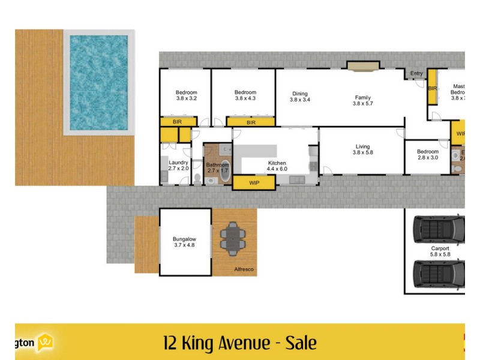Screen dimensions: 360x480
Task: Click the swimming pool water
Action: tap(99, 82)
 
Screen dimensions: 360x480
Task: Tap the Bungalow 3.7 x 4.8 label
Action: tap(185, 242)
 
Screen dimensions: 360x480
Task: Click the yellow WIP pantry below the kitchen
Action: tap(254, 182)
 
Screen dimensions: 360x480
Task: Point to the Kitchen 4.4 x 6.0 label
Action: tap(277, 166)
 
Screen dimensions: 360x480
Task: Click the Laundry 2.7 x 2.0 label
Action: tap(179, 166)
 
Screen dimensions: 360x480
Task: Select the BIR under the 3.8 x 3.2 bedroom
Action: tap(178, 122)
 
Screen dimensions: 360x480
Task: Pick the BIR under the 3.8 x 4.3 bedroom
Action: tap(251, 122)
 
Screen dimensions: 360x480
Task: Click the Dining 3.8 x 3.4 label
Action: tap(300, 97)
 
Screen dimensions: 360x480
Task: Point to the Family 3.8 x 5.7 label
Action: tap(362, 100)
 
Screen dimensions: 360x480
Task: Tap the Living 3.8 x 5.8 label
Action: tap(362, 149)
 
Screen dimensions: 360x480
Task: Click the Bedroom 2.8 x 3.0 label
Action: tap(428, 155)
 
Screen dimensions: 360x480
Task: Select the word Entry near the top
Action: tap(416, 74)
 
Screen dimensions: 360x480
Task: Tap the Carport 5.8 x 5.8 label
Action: tap(440, 251)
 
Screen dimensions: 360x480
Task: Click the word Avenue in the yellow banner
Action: tap(241, 343)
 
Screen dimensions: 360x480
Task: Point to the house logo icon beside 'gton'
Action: tap(46, 343)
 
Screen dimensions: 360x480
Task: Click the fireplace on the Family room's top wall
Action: tap(363, 65)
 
